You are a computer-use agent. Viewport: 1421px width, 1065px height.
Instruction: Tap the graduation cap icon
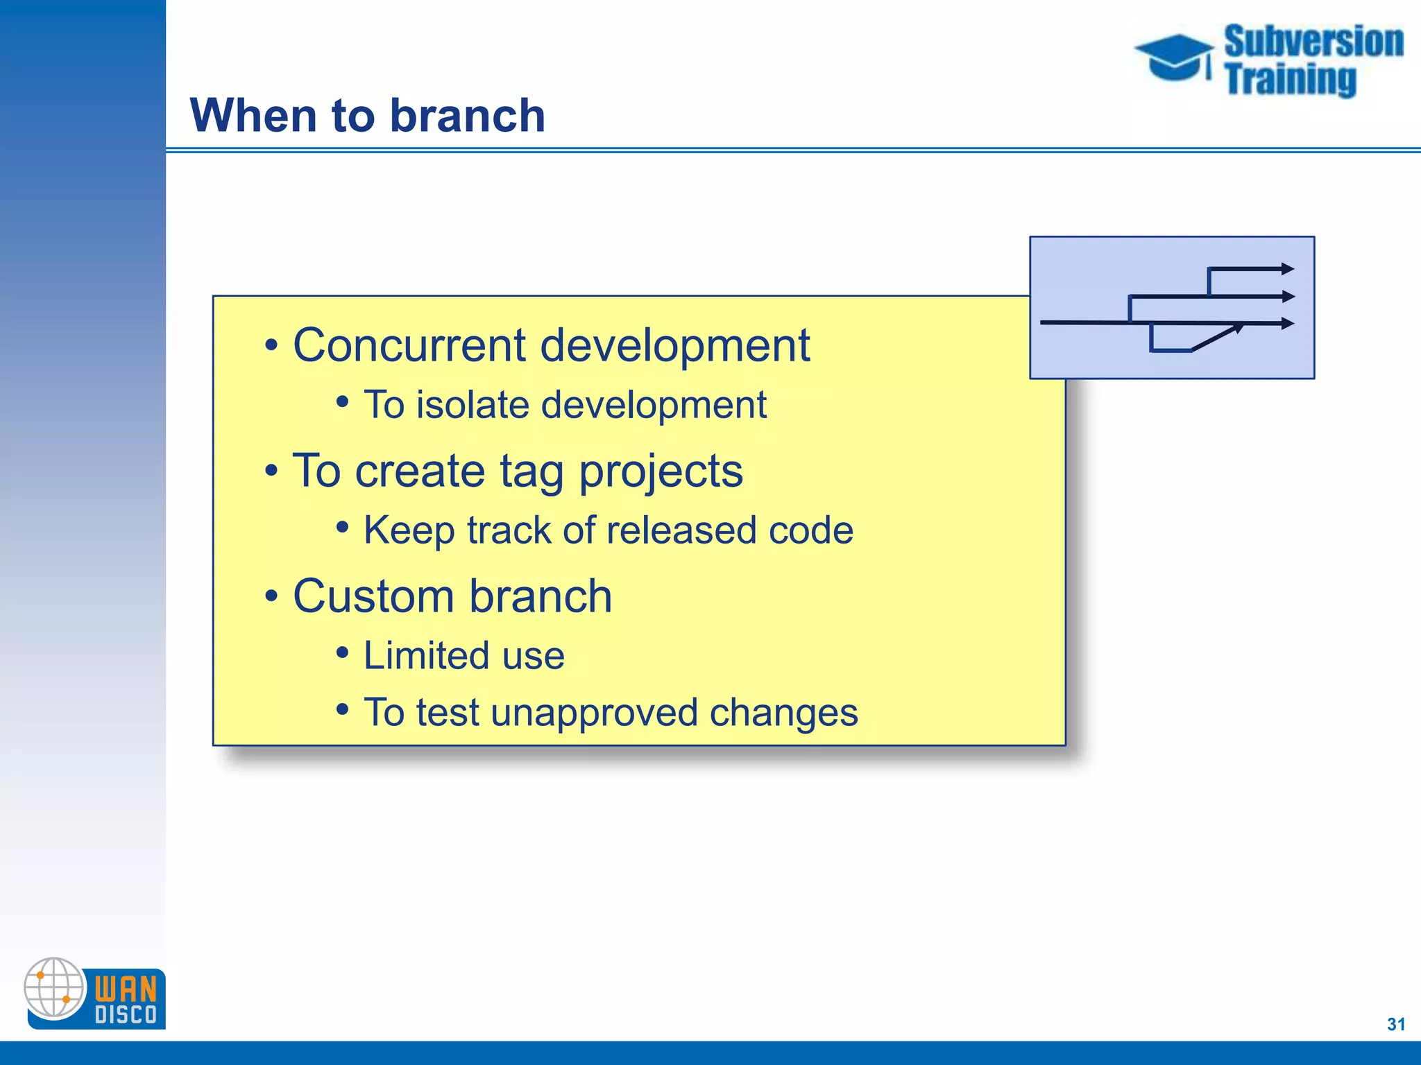click(1173, 57)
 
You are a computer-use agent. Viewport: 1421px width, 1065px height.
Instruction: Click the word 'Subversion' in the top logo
click(1313, 42)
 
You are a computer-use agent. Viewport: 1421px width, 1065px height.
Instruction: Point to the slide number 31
click(1395, 1024)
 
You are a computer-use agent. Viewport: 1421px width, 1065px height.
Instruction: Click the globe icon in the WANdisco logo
click(54, 987)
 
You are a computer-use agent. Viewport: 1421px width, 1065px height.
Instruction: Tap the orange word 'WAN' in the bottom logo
click(126, 987)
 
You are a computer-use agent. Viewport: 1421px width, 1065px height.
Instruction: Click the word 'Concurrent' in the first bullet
click(409, 345)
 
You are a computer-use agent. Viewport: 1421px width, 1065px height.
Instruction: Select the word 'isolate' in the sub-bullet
click(472, 404)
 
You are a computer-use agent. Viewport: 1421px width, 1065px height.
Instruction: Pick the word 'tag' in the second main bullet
click(531, 471)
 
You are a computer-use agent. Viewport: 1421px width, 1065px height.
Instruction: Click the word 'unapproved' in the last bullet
click(593, 712)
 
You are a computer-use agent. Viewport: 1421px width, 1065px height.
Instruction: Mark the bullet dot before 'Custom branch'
click(271, 596)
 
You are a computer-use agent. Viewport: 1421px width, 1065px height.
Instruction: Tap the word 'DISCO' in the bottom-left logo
click(126, 1015)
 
